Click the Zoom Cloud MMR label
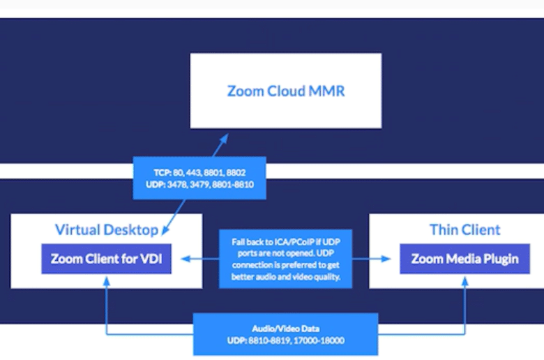[286, 91]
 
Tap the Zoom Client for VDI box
[107, 259]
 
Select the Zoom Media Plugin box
[465, 259]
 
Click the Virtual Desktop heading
[107, 230]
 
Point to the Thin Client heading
[465, 230]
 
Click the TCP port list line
[199, 172]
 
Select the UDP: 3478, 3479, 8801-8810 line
[199, 184]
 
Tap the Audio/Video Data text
[285, 329]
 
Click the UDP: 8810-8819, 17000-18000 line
[285, 340]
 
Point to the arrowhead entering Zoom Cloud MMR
[224, 139]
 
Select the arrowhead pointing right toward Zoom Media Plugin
[386, 259]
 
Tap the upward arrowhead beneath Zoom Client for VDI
[107, 282]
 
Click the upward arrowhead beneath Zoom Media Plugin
[465, 282]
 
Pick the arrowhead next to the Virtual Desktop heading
[165, 230]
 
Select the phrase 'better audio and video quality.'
[285, 277]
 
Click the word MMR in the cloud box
[326, 91]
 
